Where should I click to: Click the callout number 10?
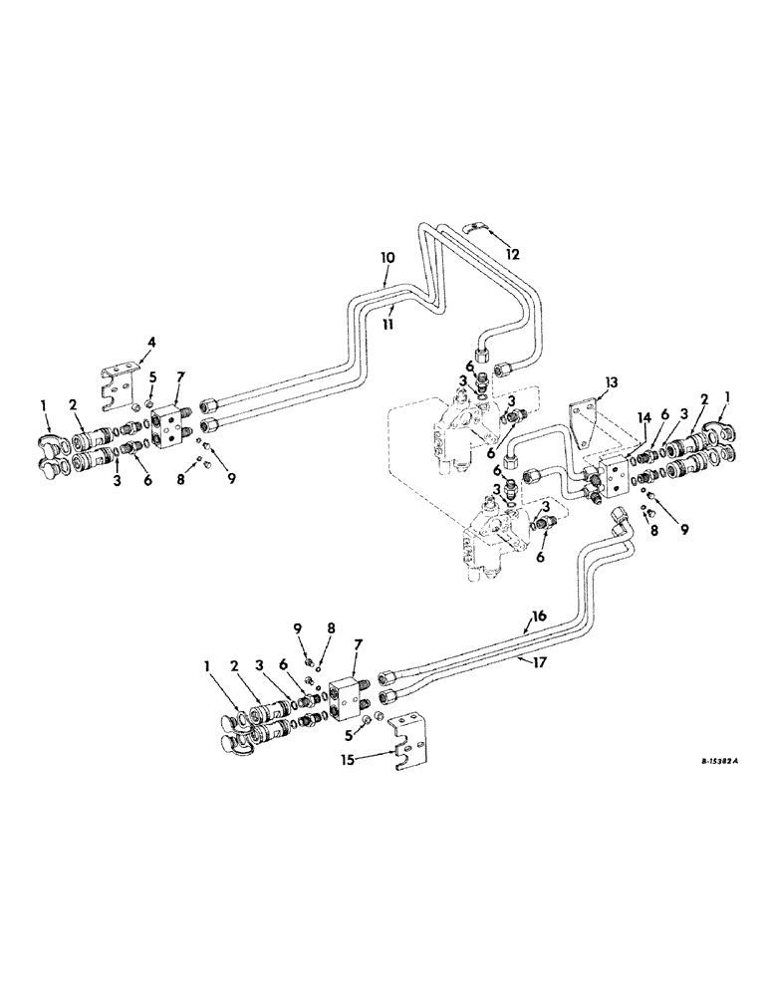[x=387, y=257]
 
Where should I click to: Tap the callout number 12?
[x=511, y=254]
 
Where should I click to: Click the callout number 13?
[x=612, y=381]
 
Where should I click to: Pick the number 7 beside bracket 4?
[x=179, y=375]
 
